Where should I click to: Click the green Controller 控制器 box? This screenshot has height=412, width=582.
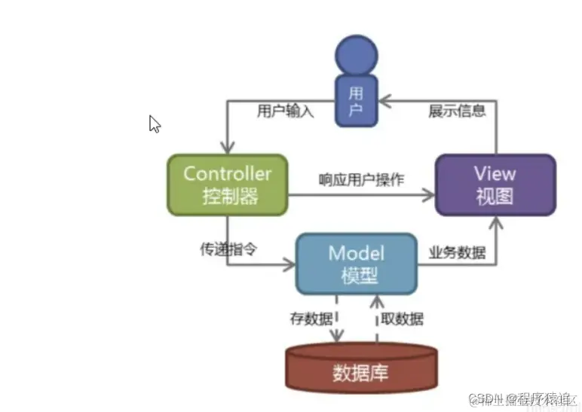(x=227, y=185)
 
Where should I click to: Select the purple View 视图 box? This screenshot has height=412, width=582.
(x=495, y=185)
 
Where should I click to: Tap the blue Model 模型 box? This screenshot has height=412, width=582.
(x=355, y=264)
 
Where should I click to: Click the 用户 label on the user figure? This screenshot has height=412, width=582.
(x=357, y=102)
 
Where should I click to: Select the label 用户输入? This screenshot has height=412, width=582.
(x=286, y=111)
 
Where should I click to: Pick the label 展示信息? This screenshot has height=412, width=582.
(x=457, y=111)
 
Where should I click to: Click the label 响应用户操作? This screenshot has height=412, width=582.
(x=361, y=179)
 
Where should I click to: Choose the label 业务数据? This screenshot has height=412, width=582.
(x=457, y=252)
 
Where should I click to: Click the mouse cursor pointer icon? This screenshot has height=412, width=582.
(x=155, y=124)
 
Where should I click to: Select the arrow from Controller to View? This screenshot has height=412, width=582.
(x=362, y=195)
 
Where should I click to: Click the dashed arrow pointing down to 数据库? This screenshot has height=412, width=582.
(x=338, y=320)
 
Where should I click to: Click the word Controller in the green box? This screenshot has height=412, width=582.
(x=227, y=173)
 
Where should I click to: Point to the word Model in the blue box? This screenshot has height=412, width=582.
(x=356, y=253)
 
